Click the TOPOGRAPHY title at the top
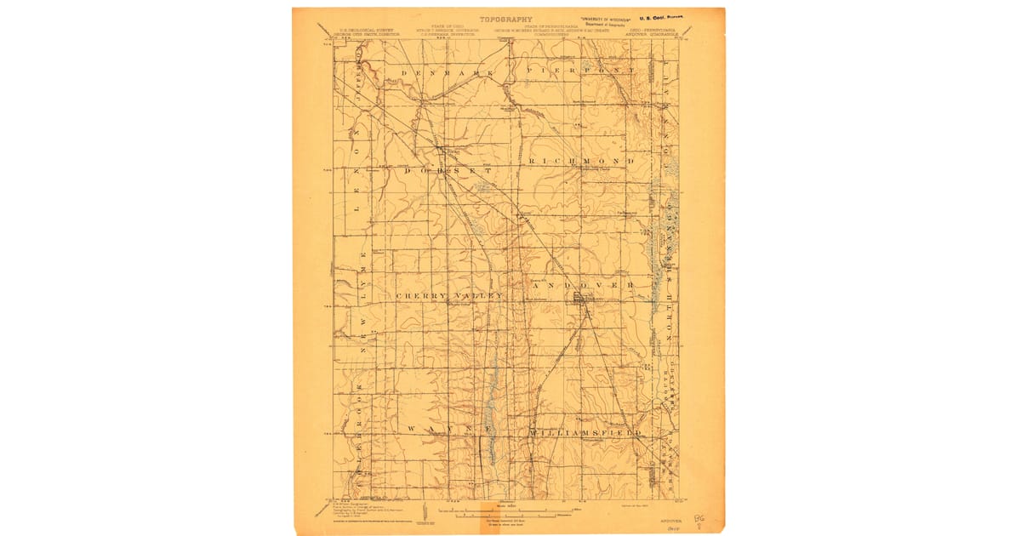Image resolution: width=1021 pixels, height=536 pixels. coord(505,19)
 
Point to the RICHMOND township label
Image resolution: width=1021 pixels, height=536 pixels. coord(582,161)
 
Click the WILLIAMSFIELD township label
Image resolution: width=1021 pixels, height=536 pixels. coord(586,432)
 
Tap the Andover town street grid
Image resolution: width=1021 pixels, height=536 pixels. coord(584,298)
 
